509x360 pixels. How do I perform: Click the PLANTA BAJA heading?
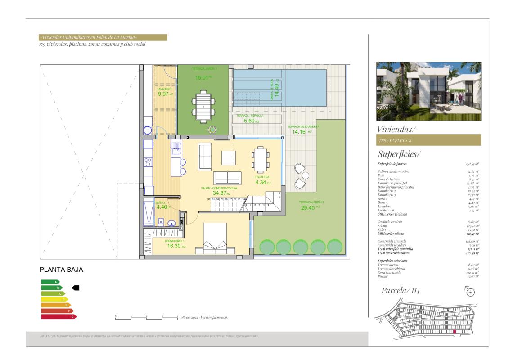[62, 270]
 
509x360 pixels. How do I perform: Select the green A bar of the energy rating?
[50, 282]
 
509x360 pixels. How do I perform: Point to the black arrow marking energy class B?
[76, 288]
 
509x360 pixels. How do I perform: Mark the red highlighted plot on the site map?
[455, 332]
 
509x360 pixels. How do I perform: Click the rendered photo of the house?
[428, 91]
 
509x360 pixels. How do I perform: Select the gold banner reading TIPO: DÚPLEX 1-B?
[428, 140]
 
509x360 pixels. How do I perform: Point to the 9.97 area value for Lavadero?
[162, 94]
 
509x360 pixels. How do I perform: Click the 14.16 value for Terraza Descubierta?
[299, 132]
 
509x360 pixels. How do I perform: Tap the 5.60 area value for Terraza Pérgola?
[249, 121]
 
